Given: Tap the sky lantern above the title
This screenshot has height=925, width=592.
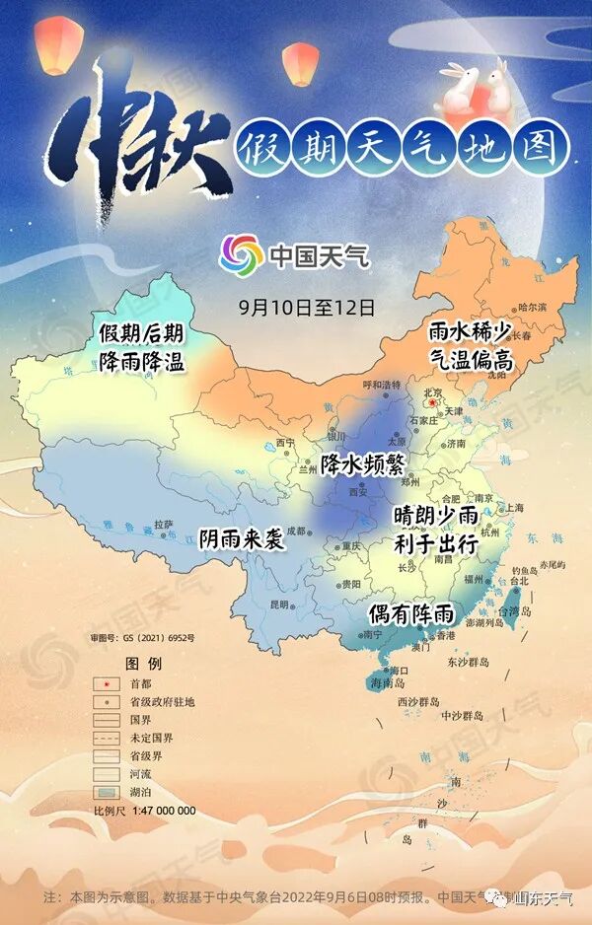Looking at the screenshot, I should tap(300, 63).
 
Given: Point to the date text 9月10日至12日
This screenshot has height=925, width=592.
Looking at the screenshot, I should tap(308, 307).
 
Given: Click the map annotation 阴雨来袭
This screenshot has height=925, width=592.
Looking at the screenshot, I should tap(242, 539).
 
